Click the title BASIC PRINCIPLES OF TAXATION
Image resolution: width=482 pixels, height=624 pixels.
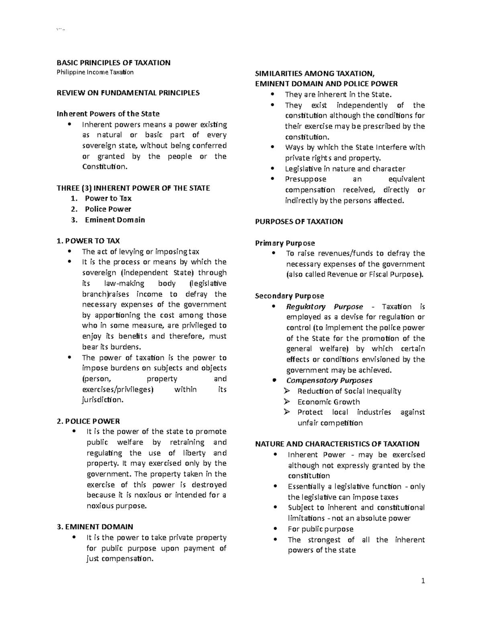tap(113, 63)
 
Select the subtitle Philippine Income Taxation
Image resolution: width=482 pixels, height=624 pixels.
tap(95, 72)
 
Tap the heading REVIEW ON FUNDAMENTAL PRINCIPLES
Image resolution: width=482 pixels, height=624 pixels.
tap(128, 93)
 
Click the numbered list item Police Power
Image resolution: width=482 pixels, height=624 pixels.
tap(108, 209)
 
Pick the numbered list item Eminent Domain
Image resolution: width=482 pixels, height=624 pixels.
tap(114, 220)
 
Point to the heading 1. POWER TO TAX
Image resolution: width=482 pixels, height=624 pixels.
tap(88, 241)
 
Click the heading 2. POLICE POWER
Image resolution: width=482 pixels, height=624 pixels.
tap(88, 421)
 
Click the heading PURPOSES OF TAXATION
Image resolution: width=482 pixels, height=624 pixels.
tap(299, 221)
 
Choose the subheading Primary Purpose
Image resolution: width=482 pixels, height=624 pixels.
tap(285, 243)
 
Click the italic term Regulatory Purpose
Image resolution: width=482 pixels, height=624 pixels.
tap(324, 307)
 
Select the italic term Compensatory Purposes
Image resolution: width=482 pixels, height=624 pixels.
tap(329, 380)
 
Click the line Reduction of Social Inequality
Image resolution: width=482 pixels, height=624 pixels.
tap(349, 391)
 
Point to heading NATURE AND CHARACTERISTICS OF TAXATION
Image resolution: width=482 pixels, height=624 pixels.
tap(337, 444)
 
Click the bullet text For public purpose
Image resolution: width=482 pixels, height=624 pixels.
tap(320, 529)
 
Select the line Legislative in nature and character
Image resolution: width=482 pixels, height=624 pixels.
tap(345, 169)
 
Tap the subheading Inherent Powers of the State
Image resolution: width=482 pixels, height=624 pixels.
tap(108, 114)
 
